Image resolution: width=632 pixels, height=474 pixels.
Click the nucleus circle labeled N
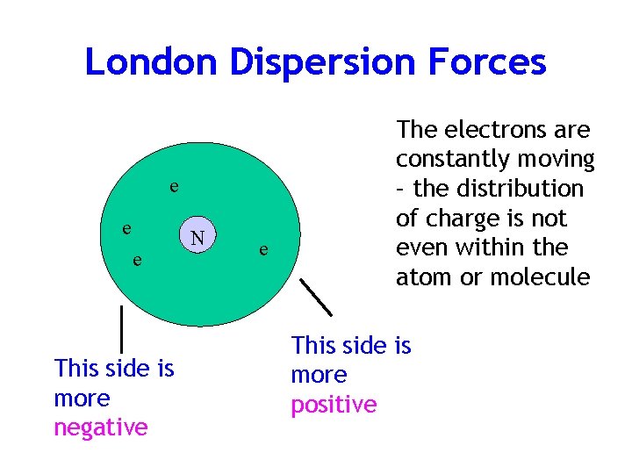(198, 237)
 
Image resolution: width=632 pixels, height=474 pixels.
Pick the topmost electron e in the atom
(176, 186)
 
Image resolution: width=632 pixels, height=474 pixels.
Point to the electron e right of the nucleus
(262, 251)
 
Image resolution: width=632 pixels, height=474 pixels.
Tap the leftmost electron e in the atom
(127, 227)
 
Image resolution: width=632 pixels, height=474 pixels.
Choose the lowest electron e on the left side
(137, 260)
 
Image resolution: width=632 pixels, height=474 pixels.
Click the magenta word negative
(101, 427)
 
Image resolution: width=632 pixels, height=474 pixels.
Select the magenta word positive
(334, 405)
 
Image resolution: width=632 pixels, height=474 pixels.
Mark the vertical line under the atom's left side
(120, 327)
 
